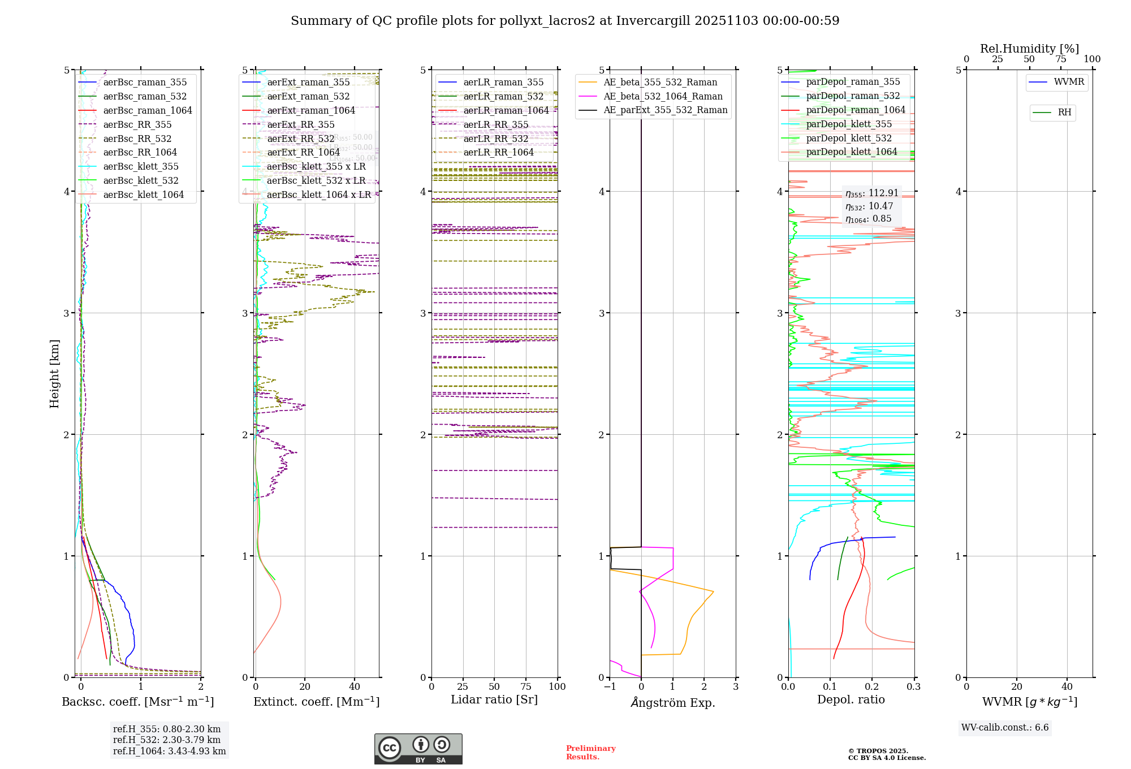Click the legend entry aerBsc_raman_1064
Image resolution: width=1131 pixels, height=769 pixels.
tap(147, 110)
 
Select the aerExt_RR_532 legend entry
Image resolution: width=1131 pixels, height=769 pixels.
tap(300, 139)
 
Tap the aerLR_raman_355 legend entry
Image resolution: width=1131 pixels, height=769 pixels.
tap(503, 82)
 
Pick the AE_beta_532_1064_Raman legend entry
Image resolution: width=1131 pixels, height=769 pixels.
tap(662, 96)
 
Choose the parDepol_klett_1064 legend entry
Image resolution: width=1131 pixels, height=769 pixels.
tap(851, 152)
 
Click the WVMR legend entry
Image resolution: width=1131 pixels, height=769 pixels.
tap(1068, 82)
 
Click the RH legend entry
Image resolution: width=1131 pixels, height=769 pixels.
tap(1064, 113)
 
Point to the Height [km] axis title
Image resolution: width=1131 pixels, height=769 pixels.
tap(54, 374)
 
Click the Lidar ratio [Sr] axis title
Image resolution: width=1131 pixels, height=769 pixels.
tap(494, 699)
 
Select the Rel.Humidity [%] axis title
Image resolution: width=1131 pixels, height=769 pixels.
tap(1029, 49)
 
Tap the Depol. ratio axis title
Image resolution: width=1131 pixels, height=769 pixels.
tap(851, 699)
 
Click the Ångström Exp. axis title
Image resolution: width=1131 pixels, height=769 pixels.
tap(672, 702)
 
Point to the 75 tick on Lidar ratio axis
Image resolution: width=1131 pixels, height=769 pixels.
tap(526, 686)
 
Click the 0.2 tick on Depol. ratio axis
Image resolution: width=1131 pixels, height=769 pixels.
tap(872, 686)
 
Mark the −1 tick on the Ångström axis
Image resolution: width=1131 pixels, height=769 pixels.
tap(610, 686)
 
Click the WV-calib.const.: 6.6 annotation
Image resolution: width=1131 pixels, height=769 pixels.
tap(1004, 727)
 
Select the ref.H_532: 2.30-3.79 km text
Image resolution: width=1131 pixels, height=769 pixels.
tap(166, 740)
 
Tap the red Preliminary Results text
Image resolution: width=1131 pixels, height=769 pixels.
tap(590, 753)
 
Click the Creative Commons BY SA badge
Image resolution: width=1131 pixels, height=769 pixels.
tap(418, 749)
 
